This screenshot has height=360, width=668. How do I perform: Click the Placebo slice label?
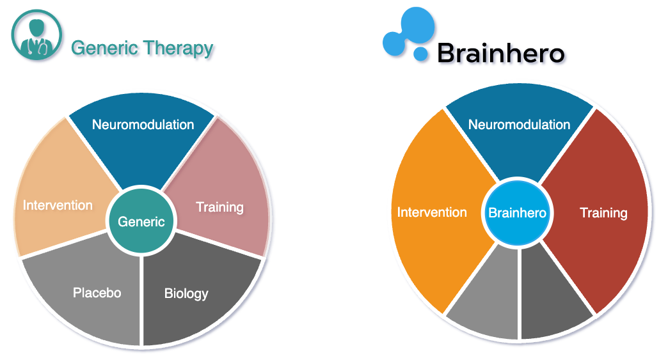point(97,293)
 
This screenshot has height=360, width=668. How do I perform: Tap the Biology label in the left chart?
point(186,293)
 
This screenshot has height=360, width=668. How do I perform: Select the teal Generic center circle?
point(141,221)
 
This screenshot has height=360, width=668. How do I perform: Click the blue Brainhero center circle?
point(517,212)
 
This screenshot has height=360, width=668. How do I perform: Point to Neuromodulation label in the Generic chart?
point(143,124)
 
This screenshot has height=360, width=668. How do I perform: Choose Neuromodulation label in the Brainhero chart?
point(520,124)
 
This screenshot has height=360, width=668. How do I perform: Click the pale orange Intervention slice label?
point(58,205)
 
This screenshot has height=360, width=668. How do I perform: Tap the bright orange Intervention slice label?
point(432,212)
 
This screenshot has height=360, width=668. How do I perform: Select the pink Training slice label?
point(220,207)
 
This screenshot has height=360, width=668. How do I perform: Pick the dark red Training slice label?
point(603,213)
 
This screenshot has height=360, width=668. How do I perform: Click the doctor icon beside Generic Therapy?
point(36,35)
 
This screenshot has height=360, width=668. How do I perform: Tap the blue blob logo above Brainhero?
point(409,33)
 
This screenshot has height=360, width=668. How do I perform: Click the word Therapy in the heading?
point(178,49)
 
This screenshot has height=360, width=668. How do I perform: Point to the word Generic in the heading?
point(105,48)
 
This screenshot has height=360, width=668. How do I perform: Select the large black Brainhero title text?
point(501,53)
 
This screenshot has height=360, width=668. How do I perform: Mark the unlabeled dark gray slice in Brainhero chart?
point(552,298)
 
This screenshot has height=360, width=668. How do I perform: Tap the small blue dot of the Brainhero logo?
point(420,54)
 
